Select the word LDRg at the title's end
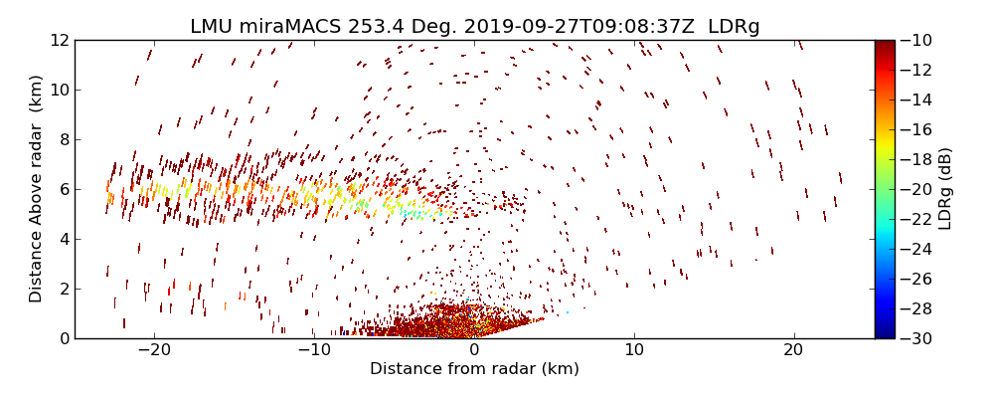(734, 27)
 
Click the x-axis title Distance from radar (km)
(474, 369)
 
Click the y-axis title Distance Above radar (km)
(36, 189)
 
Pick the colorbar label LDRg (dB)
(945, 189)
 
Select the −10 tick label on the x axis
(314, 350)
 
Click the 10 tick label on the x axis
(634, 350)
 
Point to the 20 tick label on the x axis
(793, 350)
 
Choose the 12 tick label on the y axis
(59, 40)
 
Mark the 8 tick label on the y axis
(63, 139)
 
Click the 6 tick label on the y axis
(63, 189)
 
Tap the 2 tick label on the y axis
(63, 289)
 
